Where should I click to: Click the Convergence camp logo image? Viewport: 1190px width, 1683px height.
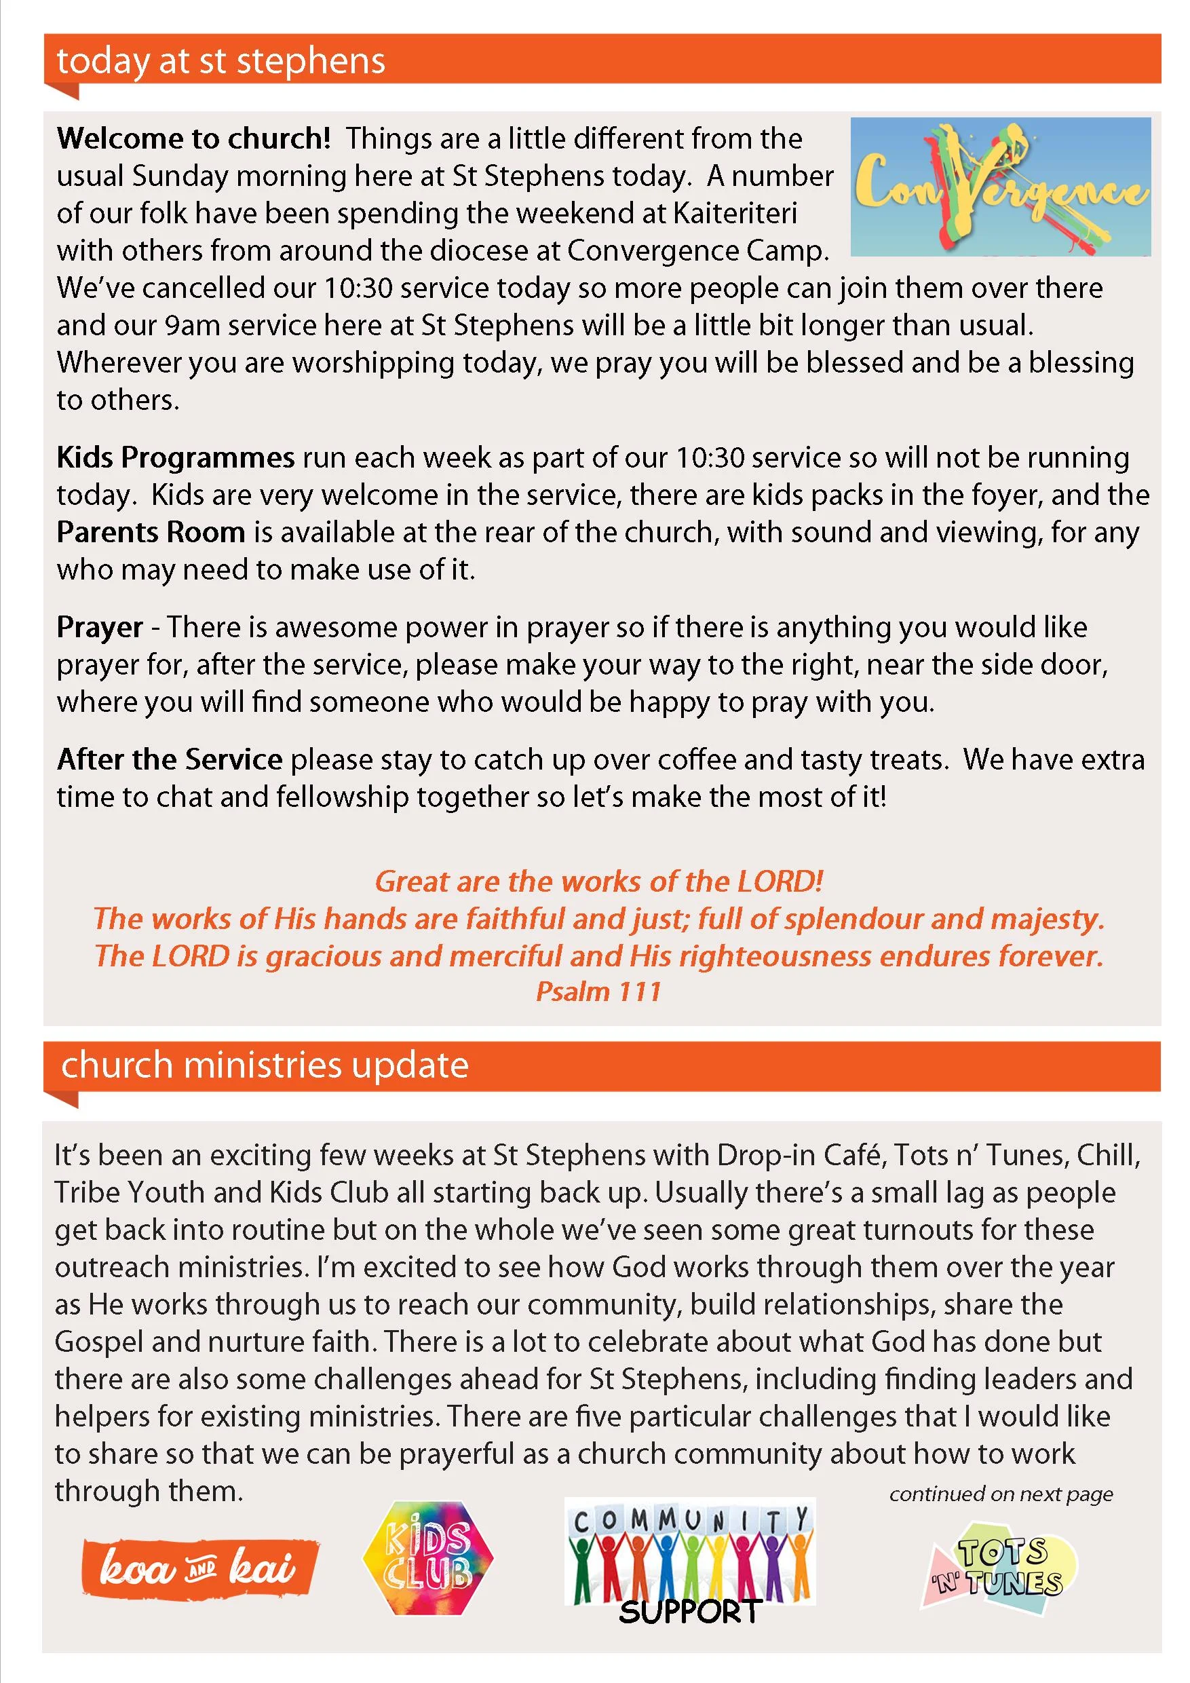tap(1000, 187)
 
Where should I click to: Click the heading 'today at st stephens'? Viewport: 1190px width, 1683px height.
tap(220, 61)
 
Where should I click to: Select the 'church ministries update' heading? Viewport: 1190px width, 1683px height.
tap(265, 1065)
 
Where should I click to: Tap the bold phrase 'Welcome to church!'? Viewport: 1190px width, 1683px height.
tap(193, 138)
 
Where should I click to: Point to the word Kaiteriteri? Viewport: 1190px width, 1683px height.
tap(734, 213)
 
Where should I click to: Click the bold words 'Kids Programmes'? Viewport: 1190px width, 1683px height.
tap(175, 457)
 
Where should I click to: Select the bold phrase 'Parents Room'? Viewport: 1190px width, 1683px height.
tap(150, 532)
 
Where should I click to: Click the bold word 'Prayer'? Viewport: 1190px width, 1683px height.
tap(100, 628)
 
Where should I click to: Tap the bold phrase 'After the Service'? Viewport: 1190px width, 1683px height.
tap(169, 759)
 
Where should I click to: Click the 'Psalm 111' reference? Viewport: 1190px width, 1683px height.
tap(598, 991)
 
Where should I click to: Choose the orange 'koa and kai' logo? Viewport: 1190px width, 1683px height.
tap(199, 1568)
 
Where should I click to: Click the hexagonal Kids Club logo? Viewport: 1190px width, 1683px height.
tap(428, 1558)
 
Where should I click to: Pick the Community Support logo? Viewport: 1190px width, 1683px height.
tap(689, 1560)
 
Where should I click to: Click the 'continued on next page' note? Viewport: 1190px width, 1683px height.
tap(1001, 1494)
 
